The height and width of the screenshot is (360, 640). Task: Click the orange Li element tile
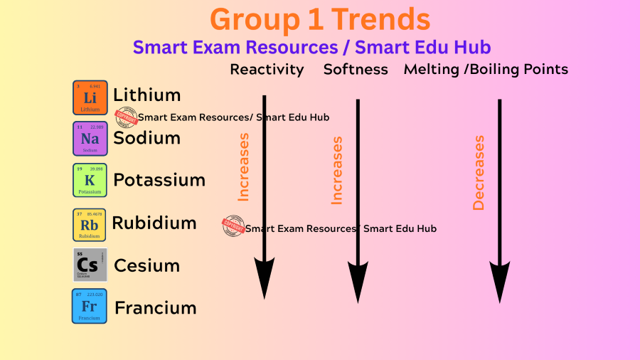click(x=90, y=97)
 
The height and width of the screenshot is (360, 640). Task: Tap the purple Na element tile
click(x=90, y=138)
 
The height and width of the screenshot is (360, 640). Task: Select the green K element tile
click(x=90, y=180)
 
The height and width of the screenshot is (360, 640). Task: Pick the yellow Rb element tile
click(x=90, y=224)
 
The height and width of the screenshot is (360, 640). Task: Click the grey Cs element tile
click(x=90, y=265)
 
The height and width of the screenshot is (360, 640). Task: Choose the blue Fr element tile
click(x=90, y=306)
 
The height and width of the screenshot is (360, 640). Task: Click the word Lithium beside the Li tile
click(x=147, y=95)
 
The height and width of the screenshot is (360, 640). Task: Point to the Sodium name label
click(x=146, y=137)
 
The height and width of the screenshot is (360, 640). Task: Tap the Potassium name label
click(x=159, y=180)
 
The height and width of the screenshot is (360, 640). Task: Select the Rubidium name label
click(x=154, y=223)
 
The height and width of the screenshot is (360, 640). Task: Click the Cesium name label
click(x=146, y=265)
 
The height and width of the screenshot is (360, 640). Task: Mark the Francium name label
click(x=155, y=308)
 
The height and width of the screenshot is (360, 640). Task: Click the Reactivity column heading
click(x=267, y=69)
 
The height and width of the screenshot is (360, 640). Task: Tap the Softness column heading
click(x=356, y=69)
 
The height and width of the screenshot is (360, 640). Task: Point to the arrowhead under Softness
click(x=358, y=280)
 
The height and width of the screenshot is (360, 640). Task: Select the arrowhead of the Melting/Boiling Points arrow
click(x=499, y=280)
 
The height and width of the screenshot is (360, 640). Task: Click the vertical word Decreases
click(x=479, y=173)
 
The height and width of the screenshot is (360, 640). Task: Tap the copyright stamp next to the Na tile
click(x=126, y=117)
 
